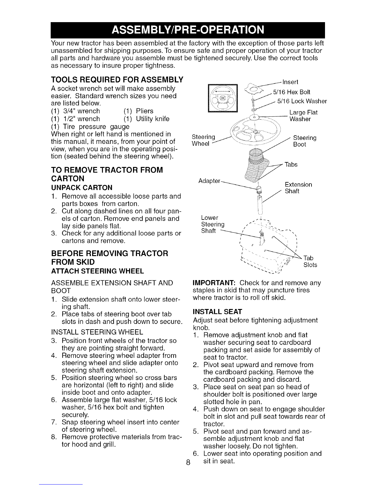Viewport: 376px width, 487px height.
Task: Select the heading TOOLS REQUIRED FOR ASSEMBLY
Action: tap(117, 80)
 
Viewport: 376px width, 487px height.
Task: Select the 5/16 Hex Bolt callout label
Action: tap(292, 92)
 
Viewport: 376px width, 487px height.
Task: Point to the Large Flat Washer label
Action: tap(303, 116)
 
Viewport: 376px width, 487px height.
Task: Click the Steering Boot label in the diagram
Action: tap(305, 141)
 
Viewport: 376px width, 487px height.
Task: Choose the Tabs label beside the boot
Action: tap(291, 164)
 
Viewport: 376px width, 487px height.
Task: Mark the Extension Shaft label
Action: tap(298, 188)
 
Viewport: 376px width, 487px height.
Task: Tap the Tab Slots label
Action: tap(310, 261)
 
